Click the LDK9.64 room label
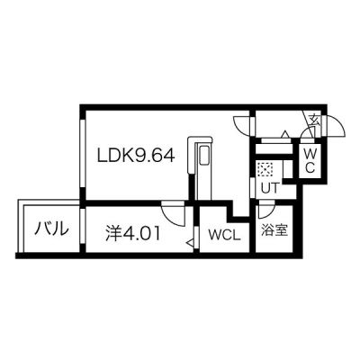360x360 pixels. point(135,156)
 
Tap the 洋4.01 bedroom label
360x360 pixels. point(132,233)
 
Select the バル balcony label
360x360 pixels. point(51,229)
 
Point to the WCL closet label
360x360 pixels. point(225,236)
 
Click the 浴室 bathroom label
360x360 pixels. point(274,230)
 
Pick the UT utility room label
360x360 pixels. point(270,189)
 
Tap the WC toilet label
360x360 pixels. point(310,161)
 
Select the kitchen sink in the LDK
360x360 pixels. point(205,156)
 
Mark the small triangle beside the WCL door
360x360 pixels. point(190,242)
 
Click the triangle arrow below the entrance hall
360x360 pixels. point(285,134)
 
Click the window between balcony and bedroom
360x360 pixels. point(83,226)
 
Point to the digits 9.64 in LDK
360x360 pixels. point(155,156)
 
